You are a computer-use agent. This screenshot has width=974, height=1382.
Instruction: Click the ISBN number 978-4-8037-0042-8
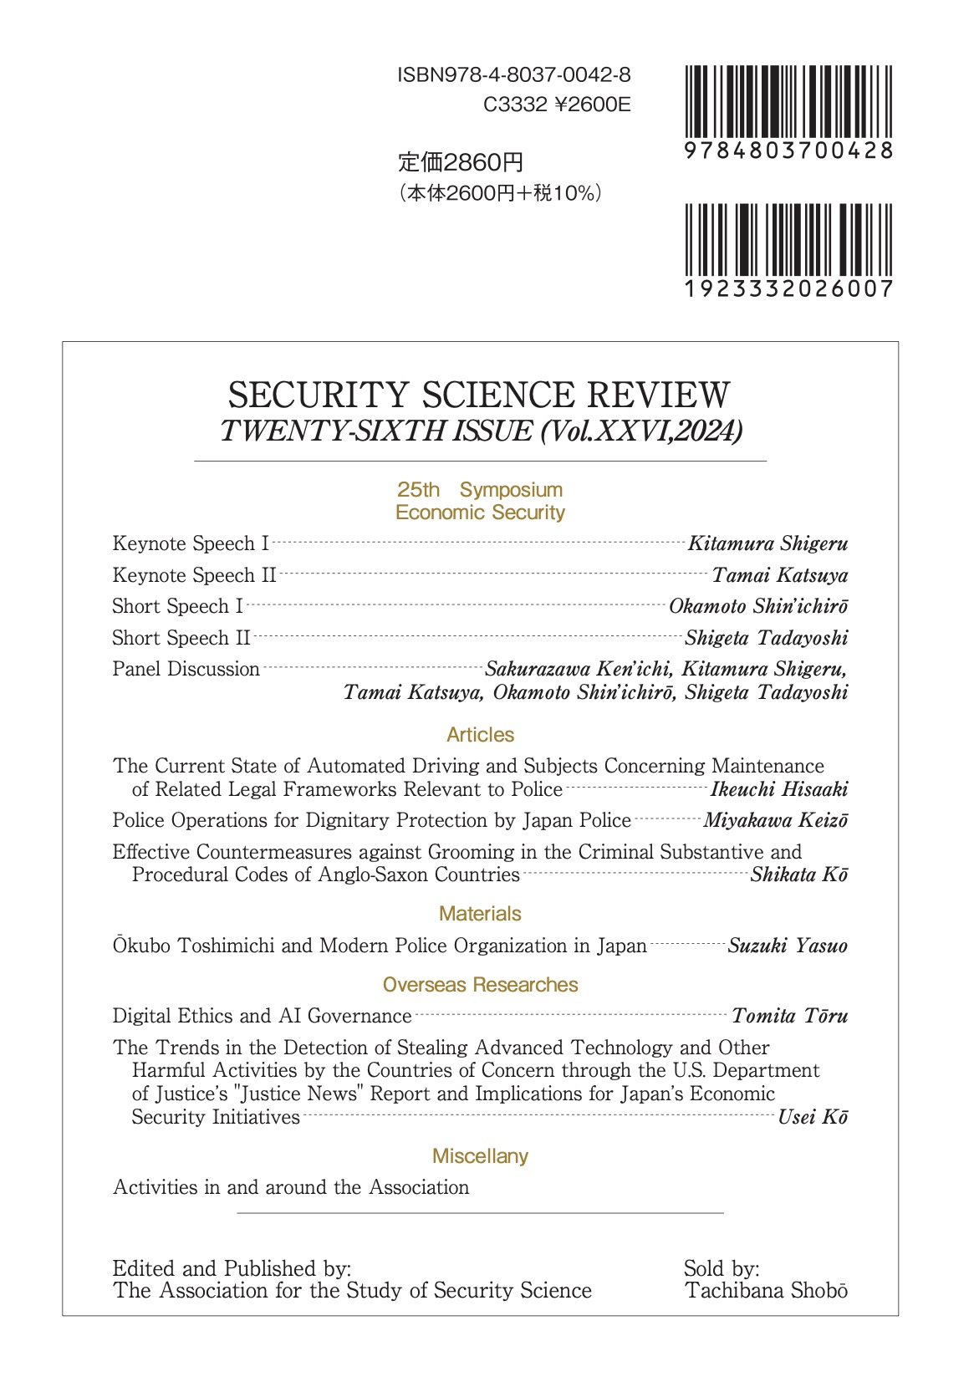pos(513,75)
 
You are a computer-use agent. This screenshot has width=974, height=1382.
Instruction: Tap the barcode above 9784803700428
pos(788,101)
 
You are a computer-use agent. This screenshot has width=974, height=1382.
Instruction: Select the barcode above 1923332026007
pos(788,240)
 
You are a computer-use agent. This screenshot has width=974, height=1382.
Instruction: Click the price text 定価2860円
pos(461,162)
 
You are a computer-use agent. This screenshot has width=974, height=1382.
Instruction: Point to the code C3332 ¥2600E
pos(557,105)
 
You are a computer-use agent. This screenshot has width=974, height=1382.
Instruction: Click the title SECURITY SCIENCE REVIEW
pos(479,395)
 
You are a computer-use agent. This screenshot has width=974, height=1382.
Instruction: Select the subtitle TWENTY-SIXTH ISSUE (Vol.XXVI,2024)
pos(481,431)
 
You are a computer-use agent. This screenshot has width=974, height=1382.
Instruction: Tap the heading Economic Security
pos(480,513)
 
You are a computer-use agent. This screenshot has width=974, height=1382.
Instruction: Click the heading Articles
pos(480,735)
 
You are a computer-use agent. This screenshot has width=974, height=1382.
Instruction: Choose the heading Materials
pos(480,914)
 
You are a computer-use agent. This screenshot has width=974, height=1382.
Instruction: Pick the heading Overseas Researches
pos(480,985)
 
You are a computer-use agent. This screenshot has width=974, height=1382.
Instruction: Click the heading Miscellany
pos(480,1156)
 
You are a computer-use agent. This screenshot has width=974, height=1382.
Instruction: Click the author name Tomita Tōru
pos(789,1016)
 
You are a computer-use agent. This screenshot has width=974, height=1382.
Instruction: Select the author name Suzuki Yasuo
pos(788,946)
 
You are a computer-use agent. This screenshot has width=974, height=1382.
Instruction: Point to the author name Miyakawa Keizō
pos(775,820)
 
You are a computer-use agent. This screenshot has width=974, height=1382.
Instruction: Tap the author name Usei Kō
pos(813,1117)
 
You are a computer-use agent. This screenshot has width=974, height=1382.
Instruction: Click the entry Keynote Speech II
pos(194,575)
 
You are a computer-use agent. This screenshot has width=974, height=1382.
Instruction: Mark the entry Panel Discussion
pos(186,669)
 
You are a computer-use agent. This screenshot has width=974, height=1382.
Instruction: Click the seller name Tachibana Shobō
pos(766,1291)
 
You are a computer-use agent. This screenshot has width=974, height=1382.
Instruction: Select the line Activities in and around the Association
pos(291,1187)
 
